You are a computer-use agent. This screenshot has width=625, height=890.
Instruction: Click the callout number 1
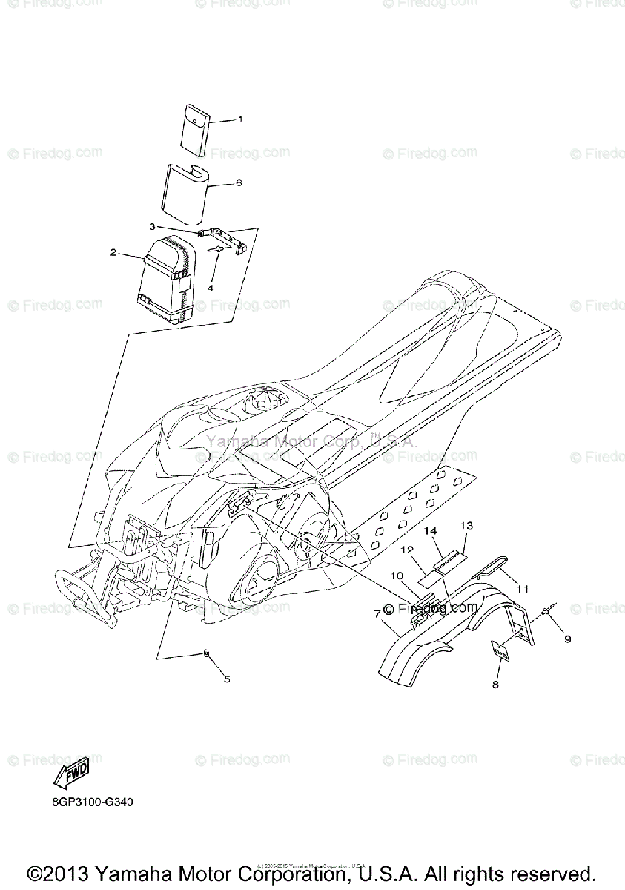pos(240,119)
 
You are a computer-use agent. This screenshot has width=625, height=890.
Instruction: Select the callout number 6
pos(239,182)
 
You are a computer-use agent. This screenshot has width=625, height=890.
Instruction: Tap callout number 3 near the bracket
pos(151,226)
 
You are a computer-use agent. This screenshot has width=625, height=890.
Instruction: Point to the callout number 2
pos(113,252)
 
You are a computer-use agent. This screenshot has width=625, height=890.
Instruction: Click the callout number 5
pos(227,679)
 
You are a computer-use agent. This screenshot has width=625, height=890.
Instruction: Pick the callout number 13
pos(466,525)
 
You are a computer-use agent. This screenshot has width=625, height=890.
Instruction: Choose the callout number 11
pos(523,588)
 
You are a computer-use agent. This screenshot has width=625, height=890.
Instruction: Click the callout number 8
pos(495,685)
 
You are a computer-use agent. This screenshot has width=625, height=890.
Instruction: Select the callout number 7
pos(377,613)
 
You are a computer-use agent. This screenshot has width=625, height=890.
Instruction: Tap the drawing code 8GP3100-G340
pos(93,802)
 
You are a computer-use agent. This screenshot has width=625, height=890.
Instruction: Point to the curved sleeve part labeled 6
pos(185,194)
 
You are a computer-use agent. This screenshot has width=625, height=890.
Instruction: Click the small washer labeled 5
pos(205,653)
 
